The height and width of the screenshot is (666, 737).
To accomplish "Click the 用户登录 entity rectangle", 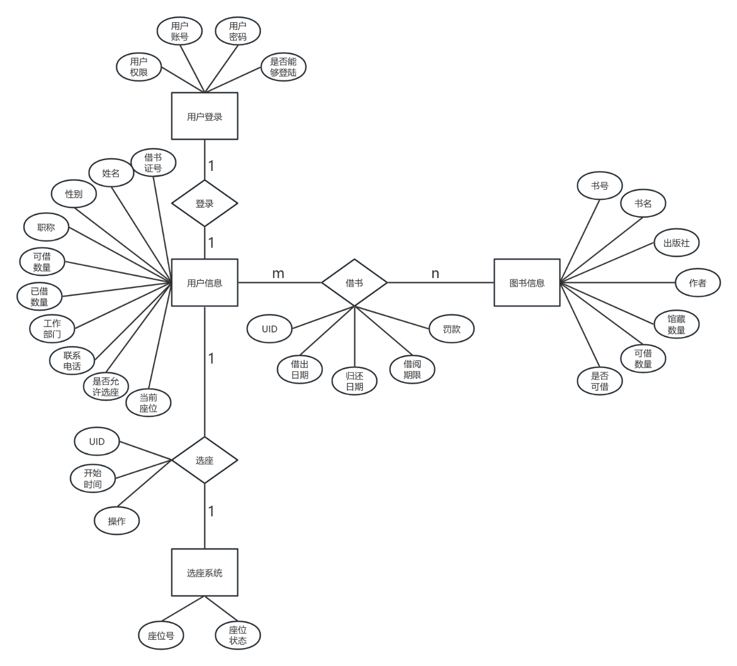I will point(204,117).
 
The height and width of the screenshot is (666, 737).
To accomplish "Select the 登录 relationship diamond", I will point(204,203).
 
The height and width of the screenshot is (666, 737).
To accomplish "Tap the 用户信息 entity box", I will point(204,282).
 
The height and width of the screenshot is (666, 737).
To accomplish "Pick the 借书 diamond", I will point(354,282).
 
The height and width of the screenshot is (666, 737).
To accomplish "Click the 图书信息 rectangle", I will point(527,282).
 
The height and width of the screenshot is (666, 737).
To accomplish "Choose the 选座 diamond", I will point(204,460).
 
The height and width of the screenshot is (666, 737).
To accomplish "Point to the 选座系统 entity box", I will point(204,572).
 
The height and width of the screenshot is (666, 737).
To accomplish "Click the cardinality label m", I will point(278,274).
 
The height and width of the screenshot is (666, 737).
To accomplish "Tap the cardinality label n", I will point(435,274).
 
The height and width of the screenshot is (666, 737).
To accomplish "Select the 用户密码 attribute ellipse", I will point(238,31).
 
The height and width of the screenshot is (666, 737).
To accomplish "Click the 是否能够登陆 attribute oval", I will point(283,67).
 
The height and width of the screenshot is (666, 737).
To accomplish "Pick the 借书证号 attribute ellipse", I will point(153,163).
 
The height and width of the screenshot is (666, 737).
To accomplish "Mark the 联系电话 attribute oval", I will point(72,361).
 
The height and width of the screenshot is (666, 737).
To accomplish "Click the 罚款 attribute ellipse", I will point(452,329).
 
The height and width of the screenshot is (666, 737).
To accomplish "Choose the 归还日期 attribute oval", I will point(354,381).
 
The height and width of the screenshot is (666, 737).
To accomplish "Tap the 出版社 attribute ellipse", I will point(676,243).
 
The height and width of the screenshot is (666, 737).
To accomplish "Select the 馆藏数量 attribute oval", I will point(676,324).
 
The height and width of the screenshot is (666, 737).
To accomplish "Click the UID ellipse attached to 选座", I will point(97,442).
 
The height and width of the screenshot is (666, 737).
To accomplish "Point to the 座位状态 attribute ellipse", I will point(238,635).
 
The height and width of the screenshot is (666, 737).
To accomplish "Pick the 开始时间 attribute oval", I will point(93,478).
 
